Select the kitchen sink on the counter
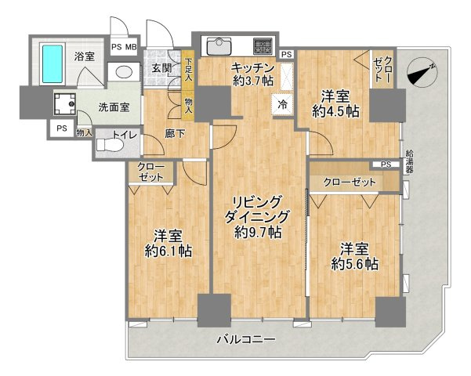tap(217, 44)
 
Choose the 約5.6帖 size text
tap(359, 263)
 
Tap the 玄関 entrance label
tap(162, 67)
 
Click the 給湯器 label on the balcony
tap(410, 162)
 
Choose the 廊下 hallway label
tap(175, 134)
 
